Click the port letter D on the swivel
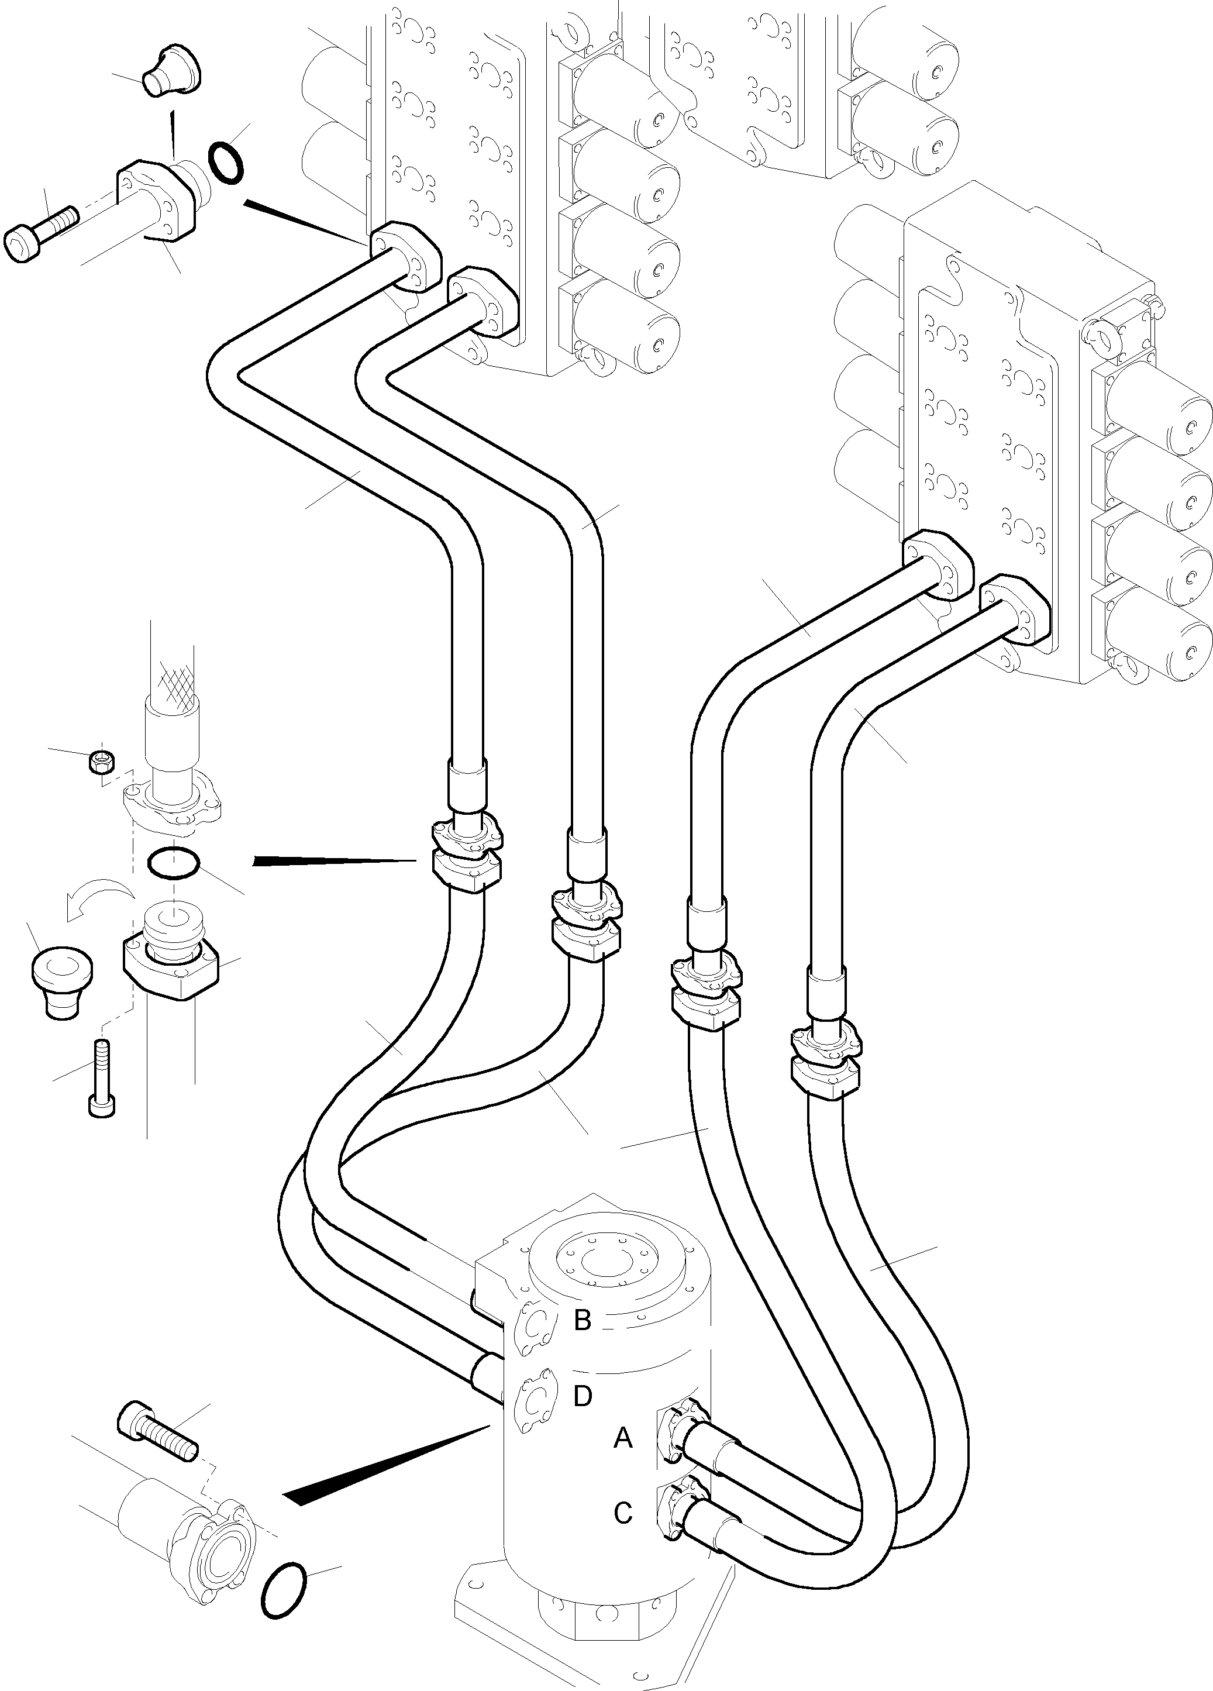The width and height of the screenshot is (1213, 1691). pyautogui.click(x=583, y=1395)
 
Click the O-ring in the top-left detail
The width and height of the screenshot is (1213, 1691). pyautogui.click(x=226, y=162)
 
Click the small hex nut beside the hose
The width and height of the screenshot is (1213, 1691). pyautogui.click(x=100, y=761)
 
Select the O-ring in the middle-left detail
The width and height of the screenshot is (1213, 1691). pyautogui.click(x=173, y=863)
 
